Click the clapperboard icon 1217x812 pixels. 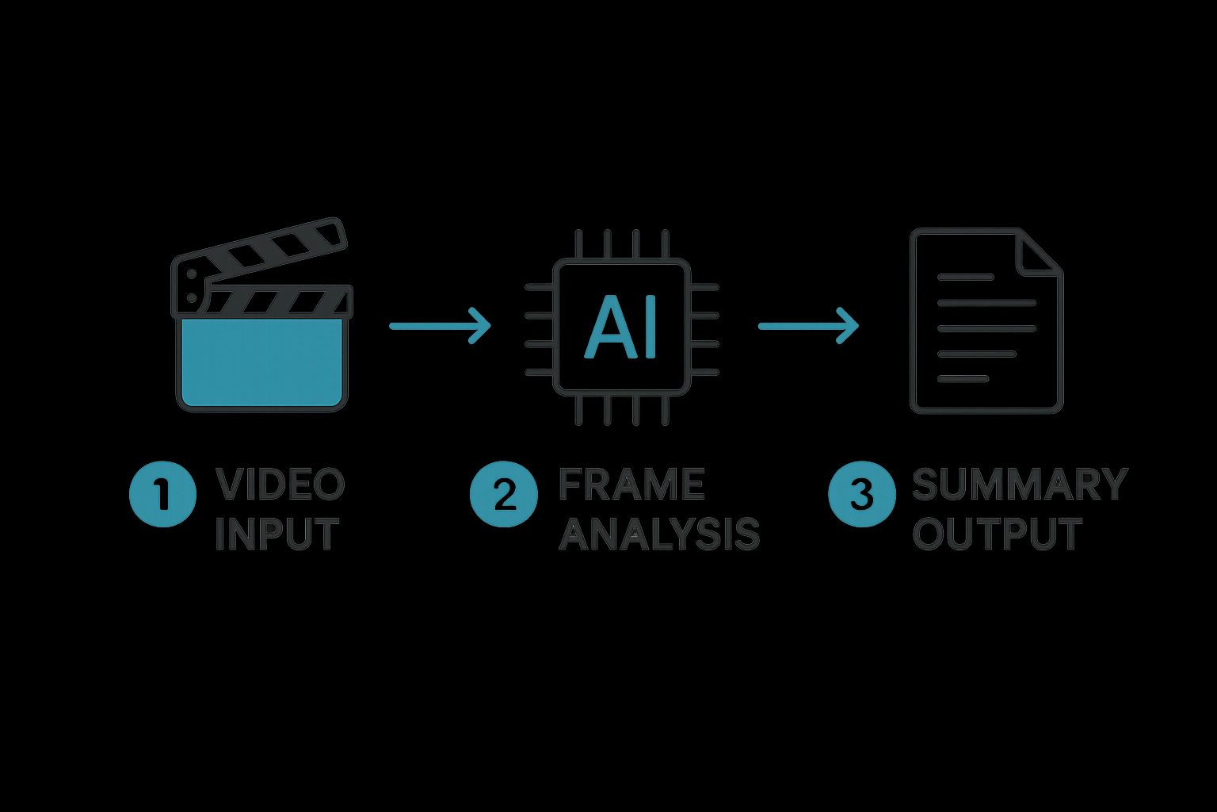pos(261,325)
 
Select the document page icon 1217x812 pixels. pos(986,321)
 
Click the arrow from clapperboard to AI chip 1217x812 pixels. pos(440,325)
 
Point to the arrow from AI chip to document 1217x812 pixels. pos(808,325)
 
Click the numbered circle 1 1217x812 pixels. pos(162,494)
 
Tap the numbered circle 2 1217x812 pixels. pos(504,494)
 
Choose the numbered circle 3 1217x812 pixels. pos(862,494)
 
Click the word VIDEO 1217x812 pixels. pos(280,485)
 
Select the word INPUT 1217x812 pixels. pos(277,534)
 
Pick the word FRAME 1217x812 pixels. pos(631,485)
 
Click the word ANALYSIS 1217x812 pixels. pos(659,534)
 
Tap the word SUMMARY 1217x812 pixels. pos(1020,485)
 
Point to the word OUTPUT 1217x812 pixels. pos(997,534)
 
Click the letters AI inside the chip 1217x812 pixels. pos(621,327)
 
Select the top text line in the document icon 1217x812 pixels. pos(965,278)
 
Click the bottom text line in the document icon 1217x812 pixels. pos(963,379)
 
